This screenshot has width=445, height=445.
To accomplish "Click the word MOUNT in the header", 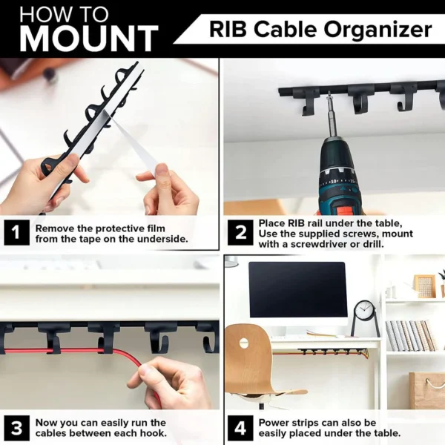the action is click(x=89, y=39).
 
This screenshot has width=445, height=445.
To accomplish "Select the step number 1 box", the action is click(x=17, y=232).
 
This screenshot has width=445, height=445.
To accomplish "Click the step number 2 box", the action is click(x=240, y=232).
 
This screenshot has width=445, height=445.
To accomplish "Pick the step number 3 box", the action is click(x=17, y=428).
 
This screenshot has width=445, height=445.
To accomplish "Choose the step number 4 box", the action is click(x=240, y=428).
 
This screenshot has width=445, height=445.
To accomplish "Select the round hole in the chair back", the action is click(x=244, y=343).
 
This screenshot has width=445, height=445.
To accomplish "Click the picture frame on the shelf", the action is click(x=424, y=286).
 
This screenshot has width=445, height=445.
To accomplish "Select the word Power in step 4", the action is click(x=272, y=423).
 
